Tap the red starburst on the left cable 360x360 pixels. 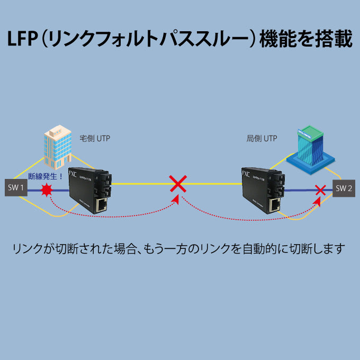(47, 190)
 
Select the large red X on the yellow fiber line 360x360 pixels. (178, 184)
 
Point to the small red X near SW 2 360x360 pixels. (320, 189)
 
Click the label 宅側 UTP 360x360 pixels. (95, 139)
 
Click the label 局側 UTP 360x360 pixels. (262, 139)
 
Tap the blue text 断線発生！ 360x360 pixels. (46, 176)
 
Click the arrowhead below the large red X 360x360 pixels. (177, 200)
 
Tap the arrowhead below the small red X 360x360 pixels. (318, 201)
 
